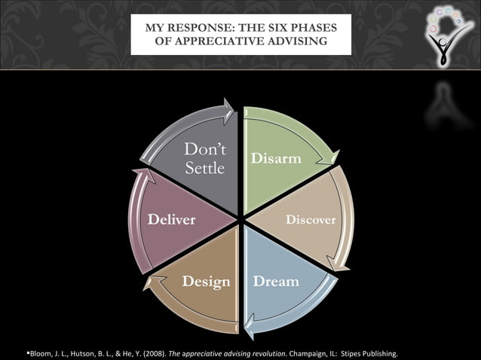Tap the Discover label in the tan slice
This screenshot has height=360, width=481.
click(x=310, y=220)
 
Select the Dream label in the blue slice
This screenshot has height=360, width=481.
click(x=276, y=281)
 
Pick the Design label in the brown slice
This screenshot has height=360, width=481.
click(x=206, y=282)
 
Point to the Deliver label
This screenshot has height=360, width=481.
click(x=171, y=220)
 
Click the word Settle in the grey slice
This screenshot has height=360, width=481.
click(x=205, y=168)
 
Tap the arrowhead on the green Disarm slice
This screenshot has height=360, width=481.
click(x=330, y=159)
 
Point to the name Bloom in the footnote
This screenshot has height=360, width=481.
click(x=18, y=353)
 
